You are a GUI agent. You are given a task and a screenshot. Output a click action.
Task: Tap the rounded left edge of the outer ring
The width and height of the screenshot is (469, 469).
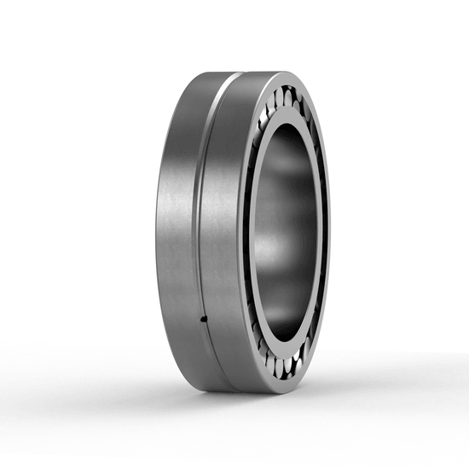click(159, 230)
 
